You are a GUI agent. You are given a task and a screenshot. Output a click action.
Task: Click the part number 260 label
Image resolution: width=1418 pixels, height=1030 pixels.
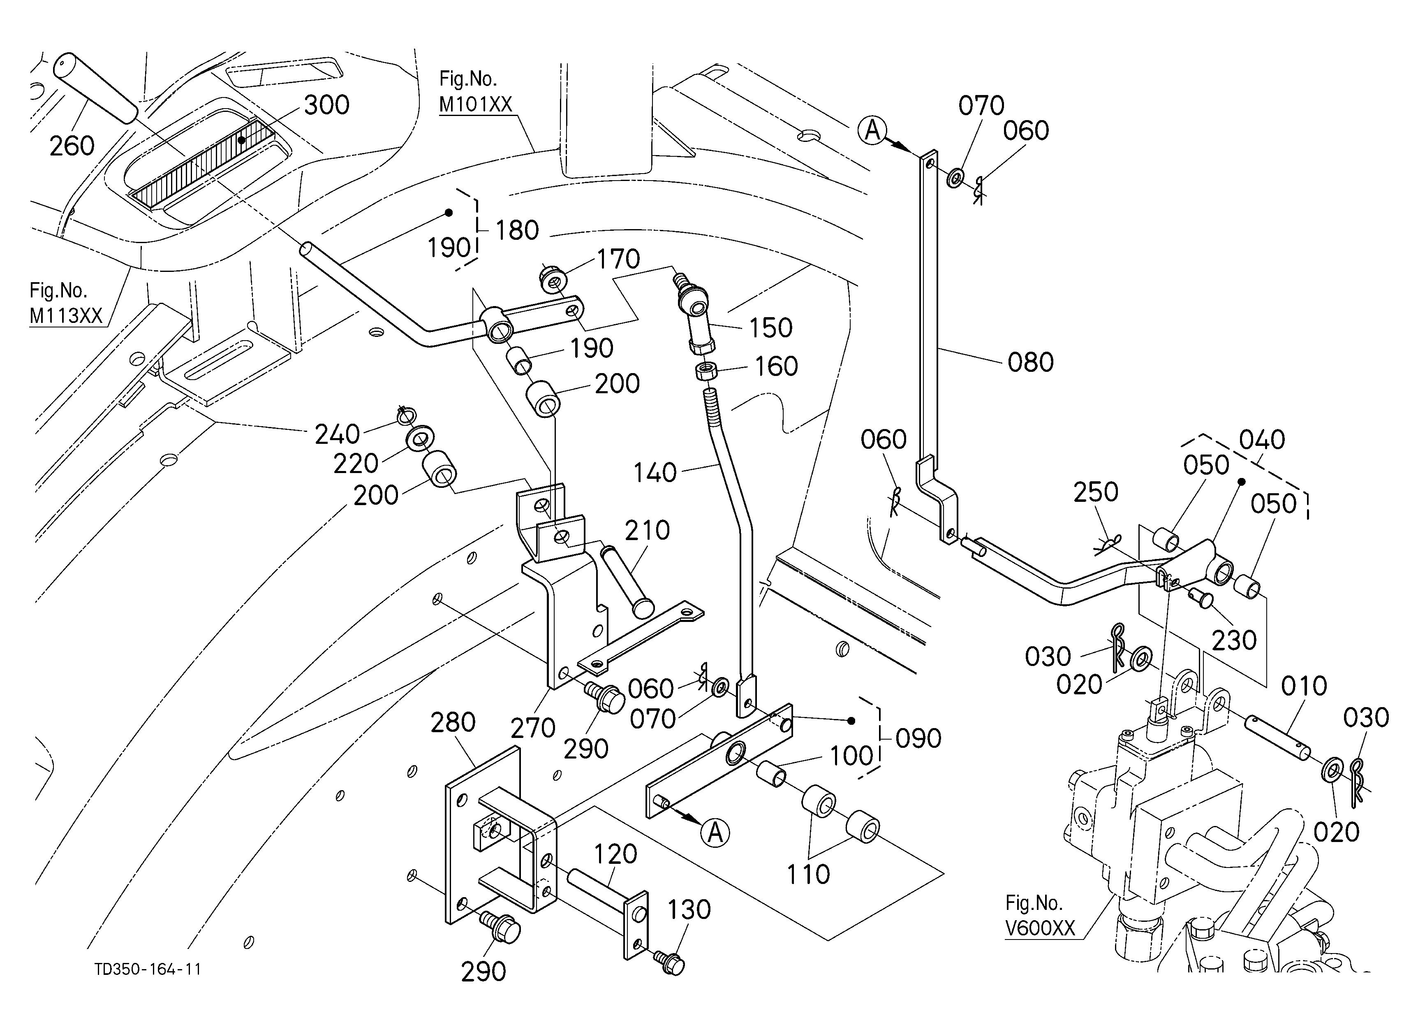click(x=72, y=146)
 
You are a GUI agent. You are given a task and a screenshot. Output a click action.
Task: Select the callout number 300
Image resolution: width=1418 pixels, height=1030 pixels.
click(x=326, y=105)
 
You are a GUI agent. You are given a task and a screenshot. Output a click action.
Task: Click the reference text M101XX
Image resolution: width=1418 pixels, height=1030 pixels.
click(x=475, y=104)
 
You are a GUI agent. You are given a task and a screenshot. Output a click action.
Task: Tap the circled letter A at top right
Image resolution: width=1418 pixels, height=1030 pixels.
click(x=872, y=131)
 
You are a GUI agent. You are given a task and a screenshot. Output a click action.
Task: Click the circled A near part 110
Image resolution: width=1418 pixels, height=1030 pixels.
click(x=715, y=833)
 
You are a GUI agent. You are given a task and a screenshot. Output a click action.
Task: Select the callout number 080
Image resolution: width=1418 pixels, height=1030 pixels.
click(x=1030, y=362)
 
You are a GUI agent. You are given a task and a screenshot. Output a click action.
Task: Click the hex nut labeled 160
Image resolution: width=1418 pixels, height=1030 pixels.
click(x=706, y=371)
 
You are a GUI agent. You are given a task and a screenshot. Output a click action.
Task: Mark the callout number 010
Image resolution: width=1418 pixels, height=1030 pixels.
click(x=1304, y=686)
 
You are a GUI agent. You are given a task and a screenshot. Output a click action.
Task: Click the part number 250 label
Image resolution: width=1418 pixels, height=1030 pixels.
click(x=1095, y=493)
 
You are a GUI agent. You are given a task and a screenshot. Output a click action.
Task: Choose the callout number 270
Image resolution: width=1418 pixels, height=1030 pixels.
click(x=533, y=728)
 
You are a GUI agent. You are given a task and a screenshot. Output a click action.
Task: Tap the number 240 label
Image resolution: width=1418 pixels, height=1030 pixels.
click(x=337, y=434)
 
